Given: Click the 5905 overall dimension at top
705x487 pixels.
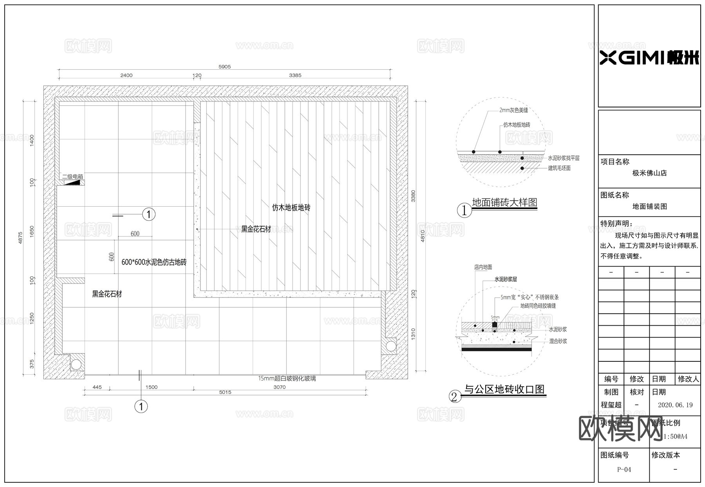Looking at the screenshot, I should point(224,67).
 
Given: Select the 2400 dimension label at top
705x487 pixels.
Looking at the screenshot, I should point(126,75).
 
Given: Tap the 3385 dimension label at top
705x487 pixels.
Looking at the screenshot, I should point(295,75).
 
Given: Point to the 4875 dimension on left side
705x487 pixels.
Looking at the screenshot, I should point(21,238).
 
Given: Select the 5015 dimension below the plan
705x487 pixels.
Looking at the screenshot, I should point(225,392).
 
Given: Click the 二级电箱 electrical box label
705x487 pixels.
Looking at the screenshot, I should point(72,177).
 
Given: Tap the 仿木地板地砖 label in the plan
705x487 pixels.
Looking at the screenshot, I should point(291,207).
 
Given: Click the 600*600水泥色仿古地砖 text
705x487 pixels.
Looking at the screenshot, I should point(154,262).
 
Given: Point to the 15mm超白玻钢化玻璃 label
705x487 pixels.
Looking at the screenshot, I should point(287,379).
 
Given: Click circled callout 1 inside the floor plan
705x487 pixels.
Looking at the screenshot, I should point(148,214).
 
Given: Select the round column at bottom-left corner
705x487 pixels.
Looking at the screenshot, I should point(76,365).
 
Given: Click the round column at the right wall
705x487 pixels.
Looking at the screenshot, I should point(390,346).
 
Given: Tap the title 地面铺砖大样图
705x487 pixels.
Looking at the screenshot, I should point(504,202).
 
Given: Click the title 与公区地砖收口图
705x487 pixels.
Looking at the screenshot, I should point(504,389).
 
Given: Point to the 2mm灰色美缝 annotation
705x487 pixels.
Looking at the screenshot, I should point(513,110).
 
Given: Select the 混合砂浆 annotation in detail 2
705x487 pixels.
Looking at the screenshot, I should point(558,341).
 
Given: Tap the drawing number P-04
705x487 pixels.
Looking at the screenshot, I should point(624,469).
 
